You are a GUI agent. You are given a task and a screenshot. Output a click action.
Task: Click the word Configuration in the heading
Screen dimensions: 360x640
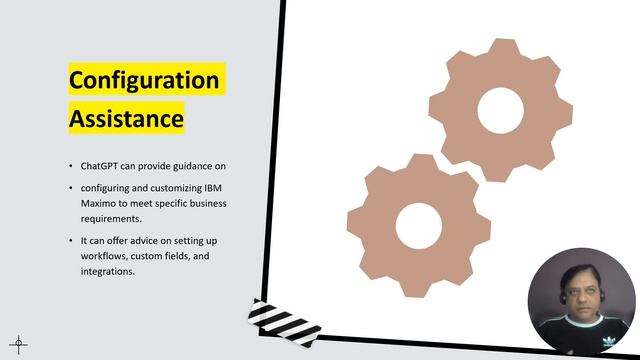(143, 79)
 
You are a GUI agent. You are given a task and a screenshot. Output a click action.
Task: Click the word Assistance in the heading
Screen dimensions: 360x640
(126, 119)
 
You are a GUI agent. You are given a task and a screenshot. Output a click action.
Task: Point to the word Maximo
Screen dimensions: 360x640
(100, 203)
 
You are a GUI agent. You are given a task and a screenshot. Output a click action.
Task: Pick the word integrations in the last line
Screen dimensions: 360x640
(108, 272)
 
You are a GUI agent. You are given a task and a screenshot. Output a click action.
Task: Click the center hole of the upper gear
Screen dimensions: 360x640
(501, 111)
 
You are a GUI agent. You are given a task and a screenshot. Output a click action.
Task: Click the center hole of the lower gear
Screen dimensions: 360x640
(418, 225)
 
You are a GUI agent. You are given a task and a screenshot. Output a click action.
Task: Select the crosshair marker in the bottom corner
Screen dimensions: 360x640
(18, 345)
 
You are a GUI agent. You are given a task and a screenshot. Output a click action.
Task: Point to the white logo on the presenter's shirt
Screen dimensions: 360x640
(608, 342)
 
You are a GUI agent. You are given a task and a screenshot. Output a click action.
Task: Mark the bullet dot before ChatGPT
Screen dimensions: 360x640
(70, 165)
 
